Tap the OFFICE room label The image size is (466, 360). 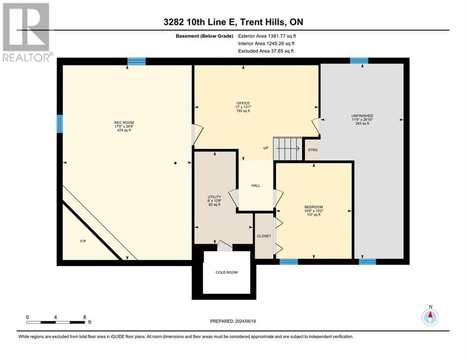pyautogui.click(x=243, y=103)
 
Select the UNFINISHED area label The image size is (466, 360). pyautogui.click(x=362, y=116)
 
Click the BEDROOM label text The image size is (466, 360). pyautogui.click(x=313, y=207)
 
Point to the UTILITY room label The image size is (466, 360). pyautogui.click(x=214, y=197)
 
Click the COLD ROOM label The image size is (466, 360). pyautogui.click(x=226, y=272)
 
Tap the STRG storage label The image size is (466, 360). pyautogui.click(x=312, y=150)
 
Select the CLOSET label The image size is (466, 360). pyautogui.click(x=264, y=236)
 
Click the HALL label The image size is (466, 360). pyautogui.click(x=255, y=186)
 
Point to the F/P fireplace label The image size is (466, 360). pyautogui.click(x=83, y=242)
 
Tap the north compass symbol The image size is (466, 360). pyautogui.click(x=429, y=317)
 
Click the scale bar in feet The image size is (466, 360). pyautogui.click(x=56, y=322)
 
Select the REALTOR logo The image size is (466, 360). pyautogui.click(x=26, y=32)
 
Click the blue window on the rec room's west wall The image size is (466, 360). pyautogui.click(x=59, y=124)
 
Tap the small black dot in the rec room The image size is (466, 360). pyautogui.click(x=175, y=163)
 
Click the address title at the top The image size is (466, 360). pyautogui.click(x=233, y=22)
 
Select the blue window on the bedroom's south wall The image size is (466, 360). pyautogui.click(x=288, y=262)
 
